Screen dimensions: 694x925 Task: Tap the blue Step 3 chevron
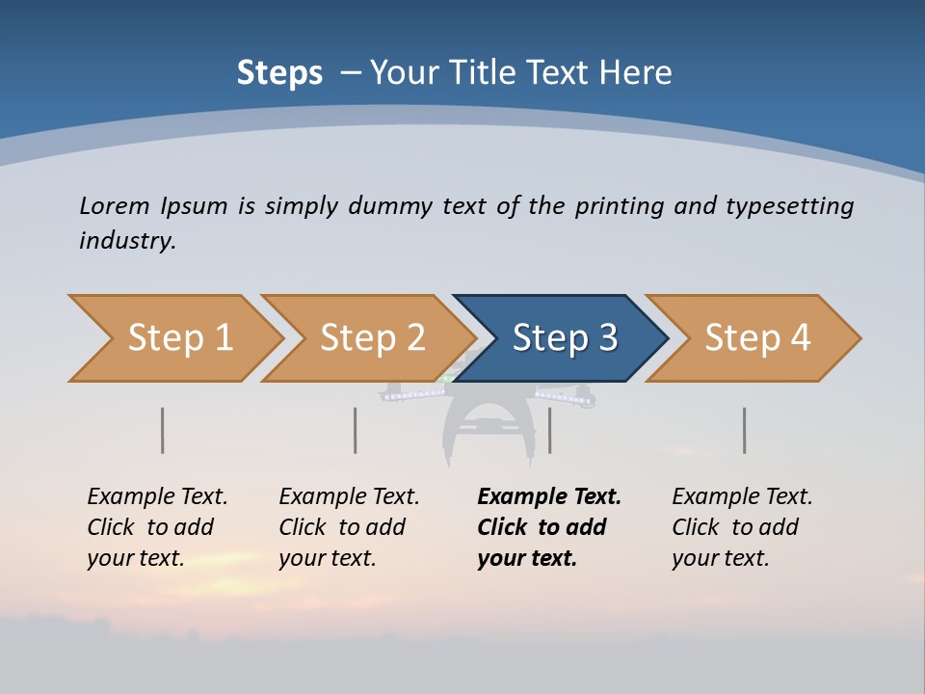coord(564,338)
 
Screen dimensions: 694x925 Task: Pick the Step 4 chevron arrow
coord(756,338)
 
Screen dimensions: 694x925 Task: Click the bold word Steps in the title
coord(279,72)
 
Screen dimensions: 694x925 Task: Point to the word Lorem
coord(115,205)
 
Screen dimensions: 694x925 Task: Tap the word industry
coord(127,240)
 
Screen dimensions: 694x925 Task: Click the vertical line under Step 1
coord(163,430)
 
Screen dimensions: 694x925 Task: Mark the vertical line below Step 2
coord(356,430)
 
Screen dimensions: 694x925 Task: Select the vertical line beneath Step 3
coord(549,430)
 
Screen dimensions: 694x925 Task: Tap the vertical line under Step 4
coord(745,430)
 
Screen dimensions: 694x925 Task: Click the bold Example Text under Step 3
coord(549,497)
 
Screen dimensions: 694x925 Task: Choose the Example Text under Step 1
coord(157,497)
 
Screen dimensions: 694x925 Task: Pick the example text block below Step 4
coord(742,527)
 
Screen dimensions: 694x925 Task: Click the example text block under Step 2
coord(349,527)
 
